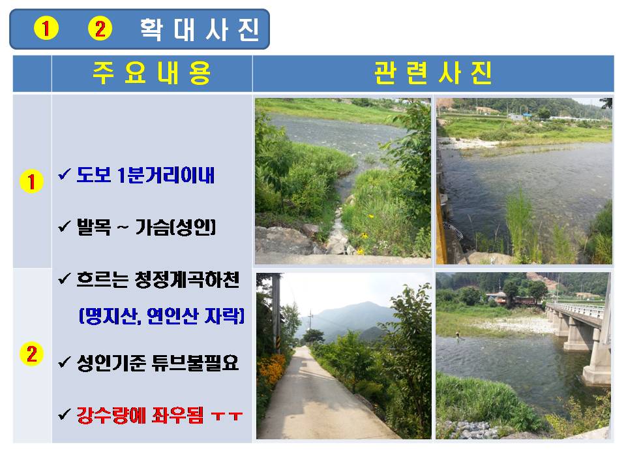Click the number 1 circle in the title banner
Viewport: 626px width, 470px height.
tap(46, 28)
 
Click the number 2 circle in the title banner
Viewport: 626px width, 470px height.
tap(100, 28)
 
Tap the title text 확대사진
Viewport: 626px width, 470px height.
tap(200, 29)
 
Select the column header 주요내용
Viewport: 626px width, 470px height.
tap(152, 73)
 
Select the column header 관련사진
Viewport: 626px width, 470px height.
tap(433, 73)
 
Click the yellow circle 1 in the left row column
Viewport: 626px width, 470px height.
tap(31, 181)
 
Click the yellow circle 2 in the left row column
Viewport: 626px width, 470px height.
tap(31, 354)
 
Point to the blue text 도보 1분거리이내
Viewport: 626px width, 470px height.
tap(145, 175)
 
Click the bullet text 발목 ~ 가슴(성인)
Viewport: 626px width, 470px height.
tap(146, 227)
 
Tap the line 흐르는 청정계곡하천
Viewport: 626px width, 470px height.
tap(158, 279)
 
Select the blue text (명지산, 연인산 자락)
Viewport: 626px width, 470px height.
tap(162, 316)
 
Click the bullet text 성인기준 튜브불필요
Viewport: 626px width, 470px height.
tap(158, 363)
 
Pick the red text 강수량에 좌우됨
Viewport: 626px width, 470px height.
tap(140, 415)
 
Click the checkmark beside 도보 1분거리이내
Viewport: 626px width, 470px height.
tap(65, 174)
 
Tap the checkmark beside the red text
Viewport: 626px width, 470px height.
tap(65, 415)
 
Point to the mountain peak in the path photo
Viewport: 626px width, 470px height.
tap(361, 305)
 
